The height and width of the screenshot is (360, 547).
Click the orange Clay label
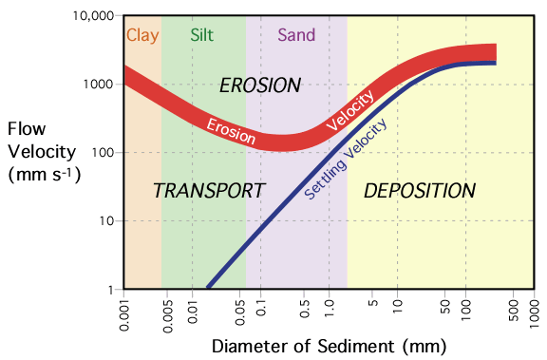[142, 36]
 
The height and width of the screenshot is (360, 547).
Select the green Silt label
[202, 36]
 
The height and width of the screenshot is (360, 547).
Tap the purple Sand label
[295, 36]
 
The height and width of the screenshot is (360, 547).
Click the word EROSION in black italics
[259, 85]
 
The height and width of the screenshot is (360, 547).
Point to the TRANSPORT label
[208, 191]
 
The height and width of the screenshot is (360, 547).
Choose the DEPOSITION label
[420, 191]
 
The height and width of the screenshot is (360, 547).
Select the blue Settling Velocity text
[348, 159]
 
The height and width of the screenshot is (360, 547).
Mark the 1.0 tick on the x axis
[330, 309]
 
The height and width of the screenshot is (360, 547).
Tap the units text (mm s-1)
[45, 175]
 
